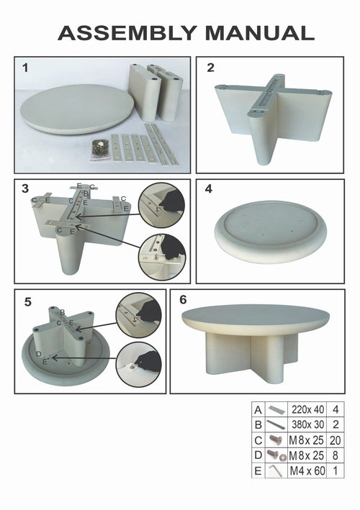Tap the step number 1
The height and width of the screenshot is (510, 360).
[x=25, y=68]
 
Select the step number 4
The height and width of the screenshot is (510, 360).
[x=208, y=190]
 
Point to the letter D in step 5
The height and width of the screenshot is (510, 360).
[x=39, y=354]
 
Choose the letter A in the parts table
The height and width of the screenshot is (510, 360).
[x=256, y=409]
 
